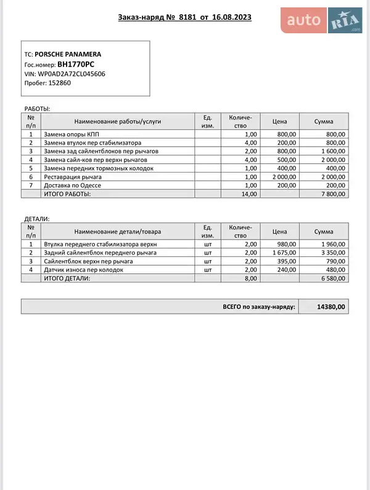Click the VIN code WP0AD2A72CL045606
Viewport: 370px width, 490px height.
[x=72, y=73]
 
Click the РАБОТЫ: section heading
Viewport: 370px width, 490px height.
[x=36, y=108]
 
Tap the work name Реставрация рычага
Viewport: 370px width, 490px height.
[x=73, y=177]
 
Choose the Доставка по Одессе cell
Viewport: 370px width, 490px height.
[x=72, y=186]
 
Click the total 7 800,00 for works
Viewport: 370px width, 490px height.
[x=333, y=194]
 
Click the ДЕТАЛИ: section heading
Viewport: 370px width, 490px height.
[x=36, y=219]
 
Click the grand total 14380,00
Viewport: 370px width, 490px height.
[x=331, y=306]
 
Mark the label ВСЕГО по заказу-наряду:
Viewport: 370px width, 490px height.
[x=259, y=306]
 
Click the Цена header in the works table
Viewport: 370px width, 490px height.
[x=279, y=121]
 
